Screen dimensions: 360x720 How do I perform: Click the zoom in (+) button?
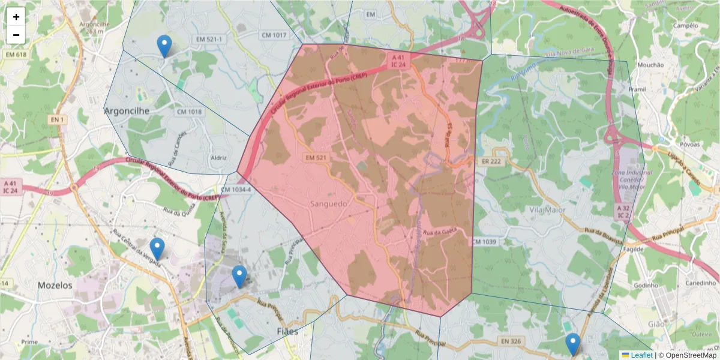tap(16, 17)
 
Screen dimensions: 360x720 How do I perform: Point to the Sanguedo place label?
tap(329, 204)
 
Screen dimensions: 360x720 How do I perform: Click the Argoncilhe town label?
tap(127, 111)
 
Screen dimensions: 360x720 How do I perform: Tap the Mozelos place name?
tap(55, 286)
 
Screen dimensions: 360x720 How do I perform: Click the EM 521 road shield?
tap(316, 158)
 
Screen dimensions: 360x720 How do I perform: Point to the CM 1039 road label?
tap(484, 241)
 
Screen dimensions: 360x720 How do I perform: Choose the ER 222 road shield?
tap(491, 162)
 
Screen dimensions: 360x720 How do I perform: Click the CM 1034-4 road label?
tap(235, 190)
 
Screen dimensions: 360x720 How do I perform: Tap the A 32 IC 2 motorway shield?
tap(623, 211)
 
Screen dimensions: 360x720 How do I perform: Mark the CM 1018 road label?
tap(189, 112)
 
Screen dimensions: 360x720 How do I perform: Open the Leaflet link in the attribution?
tap(641, 355)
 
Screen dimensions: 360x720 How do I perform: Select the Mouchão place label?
tap(650, 65)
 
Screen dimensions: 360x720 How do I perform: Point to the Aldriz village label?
tap(219, 158)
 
